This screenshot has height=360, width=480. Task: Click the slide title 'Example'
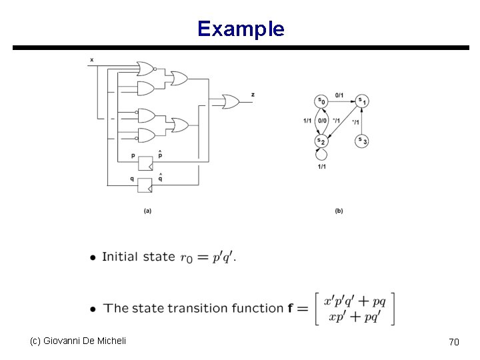[241, 29]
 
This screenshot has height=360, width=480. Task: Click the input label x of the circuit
[91, 59]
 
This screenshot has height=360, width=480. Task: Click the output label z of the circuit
[253, 95]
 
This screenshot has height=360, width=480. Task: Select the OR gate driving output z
[231, 101]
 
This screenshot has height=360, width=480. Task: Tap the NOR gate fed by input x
[145, 68]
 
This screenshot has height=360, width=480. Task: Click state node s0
[321, 101]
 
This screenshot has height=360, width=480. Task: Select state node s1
[362, 101]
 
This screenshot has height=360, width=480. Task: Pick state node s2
[321, 141]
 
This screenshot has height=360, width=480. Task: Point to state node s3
[362, 140]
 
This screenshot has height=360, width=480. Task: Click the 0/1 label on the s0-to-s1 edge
[339, 95]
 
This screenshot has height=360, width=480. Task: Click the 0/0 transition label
[323, 121]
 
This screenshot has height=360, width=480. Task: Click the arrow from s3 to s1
[362, 121]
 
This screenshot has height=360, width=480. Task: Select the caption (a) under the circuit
[147, 211]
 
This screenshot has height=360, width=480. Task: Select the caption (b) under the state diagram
[339, 211]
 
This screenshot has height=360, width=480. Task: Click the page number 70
[454, 342]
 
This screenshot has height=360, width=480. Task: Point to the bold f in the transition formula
[291, 308]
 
